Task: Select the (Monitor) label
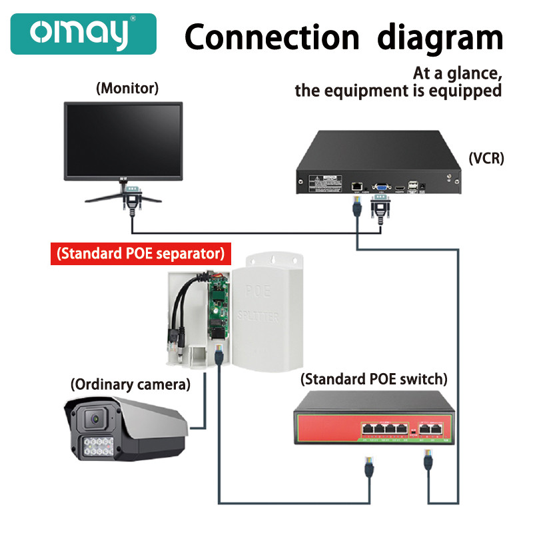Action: pos(127,87)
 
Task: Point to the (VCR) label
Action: pos(486,158)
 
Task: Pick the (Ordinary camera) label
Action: pos(131,384)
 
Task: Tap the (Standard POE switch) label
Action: pos(374,379)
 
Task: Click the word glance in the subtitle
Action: pos(467,73)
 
